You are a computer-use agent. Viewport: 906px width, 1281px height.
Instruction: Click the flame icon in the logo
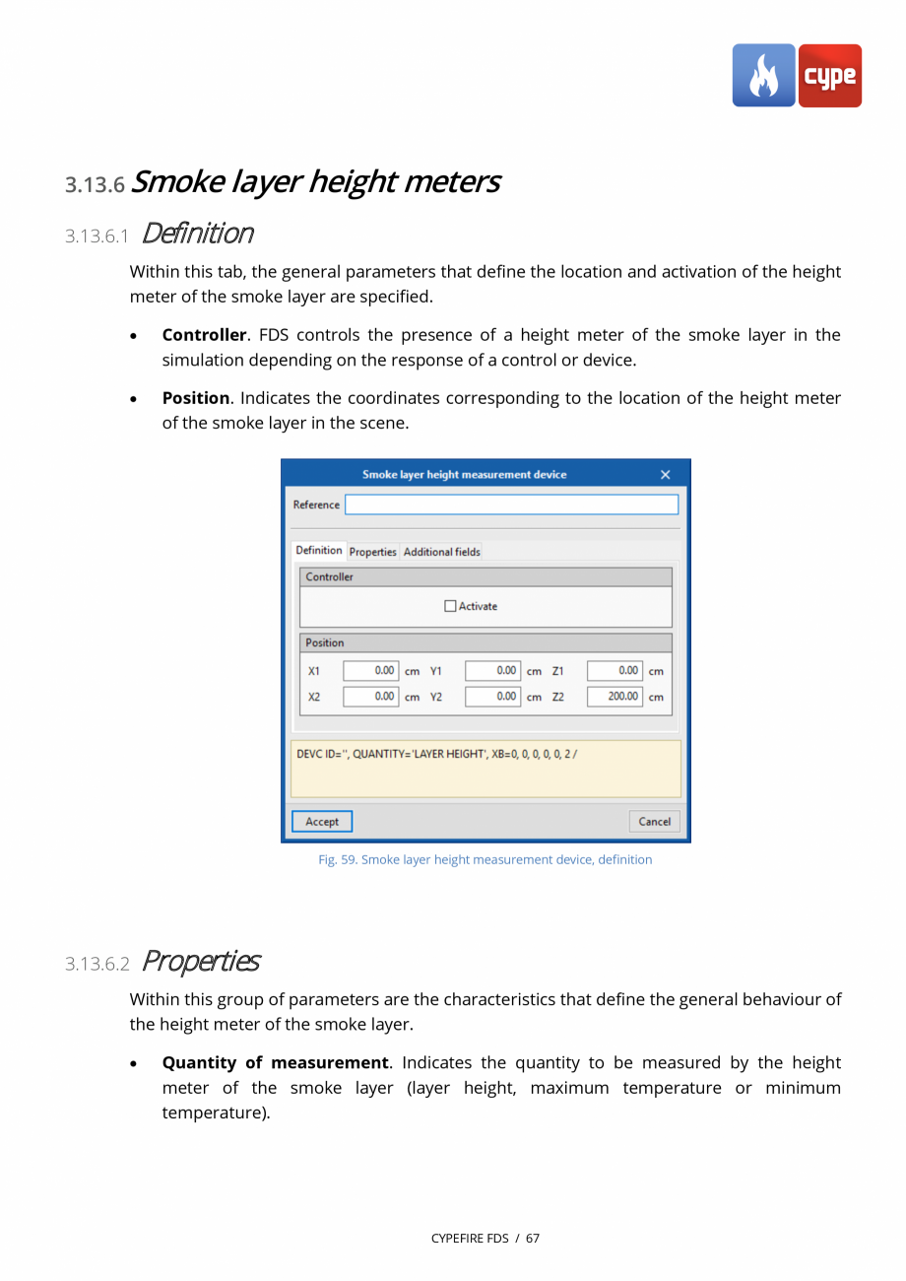coord(763,76)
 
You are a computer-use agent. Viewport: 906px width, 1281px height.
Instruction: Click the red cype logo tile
coord(829,76)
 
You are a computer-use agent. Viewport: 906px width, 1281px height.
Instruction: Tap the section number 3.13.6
coord(95,184)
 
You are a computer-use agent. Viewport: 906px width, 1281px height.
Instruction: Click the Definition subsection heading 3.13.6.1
coord(197,234)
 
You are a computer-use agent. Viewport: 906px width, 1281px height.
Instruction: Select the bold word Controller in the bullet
coord(204,335)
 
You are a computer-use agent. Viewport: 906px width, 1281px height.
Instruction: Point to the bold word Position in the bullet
coord(195,398)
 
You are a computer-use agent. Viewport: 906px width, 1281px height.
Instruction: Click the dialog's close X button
coord(665,475)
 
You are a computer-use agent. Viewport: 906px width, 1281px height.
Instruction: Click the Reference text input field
coord(511,505)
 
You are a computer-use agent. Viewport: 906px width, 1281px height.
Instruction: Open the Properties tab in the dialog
coord(372,552)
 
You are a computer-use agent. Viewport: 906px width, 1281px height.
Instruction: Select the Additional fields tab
coord(441,552)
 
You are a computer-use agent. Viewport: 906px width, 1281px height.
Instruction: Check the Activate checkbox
coord(451,606)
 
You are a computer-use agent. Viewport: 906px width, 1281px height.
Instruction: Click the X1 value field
coord(370,671)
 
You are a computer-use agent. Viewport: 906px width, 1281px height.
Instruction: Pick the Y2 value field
coord(492,697)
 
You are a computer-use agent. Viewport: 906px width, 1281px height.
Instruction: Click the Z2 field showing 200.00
coord(615,697)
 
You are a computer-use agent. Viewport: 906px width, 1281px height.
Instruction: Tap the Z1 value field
coord(615,671)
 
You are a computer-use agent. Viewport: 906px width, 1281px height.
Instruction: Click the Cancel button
coord(654,821)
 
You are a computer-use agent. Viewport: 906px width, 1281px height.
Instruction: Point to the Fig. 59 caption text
coord(485,859)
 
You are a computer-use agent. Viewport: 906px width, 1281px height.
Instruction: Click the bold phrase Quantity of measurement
coord(275,1062)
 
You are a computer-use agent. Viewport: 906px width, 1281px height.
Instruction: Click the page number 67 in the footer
coord(533,1238)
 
